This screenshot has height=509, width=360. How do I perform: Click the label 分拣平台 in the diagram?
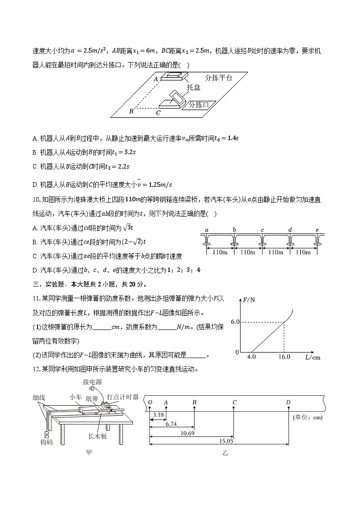tap(219, 78)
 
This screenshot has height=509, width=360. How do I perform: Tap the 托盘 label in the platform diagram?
tap(194, 87)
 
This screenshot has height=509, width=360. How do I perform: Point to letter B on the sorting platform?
tap(131, 111)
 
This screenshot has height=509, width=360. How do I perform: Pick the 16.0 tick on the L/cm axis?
tap(284, 357)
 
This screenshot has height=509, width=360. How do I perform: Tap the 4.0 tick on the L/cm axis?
tap(252, 357)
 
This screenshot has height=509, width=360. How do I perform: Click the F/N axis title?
tap(249, 300)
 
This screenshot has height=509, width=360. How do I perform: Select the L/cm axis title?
tap(312, 358)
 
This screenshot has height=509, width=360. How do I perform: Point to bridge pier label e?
tap(317, 230)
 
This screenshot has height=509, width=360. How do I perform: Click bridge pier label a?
tap(207, 230)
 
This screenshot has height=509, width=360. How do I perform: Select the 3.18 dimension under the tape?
tap(158, 414)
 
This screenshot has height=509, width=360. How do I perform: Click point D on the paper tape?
tap(289, 402)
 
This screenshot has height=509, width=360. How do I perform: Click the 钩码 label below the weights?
tap(46, 442)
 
